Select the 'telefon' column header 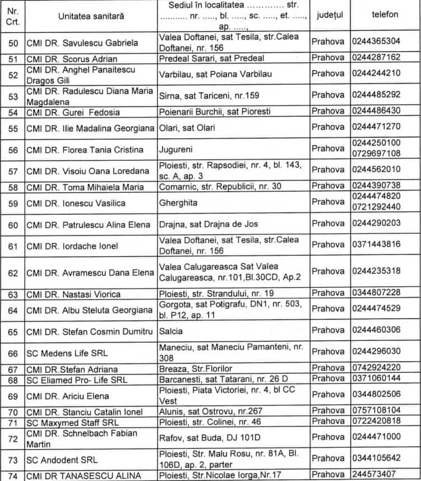click(x=385, y=15)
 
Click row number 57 click(x=13, y=170)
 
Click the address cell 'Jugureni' click(x=177, y=150)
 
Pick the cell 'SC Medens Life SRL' click(x=62, y=353)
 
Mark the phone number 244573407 click(x=374, y=477)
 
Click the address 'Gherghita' click(x=179, y=202)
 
